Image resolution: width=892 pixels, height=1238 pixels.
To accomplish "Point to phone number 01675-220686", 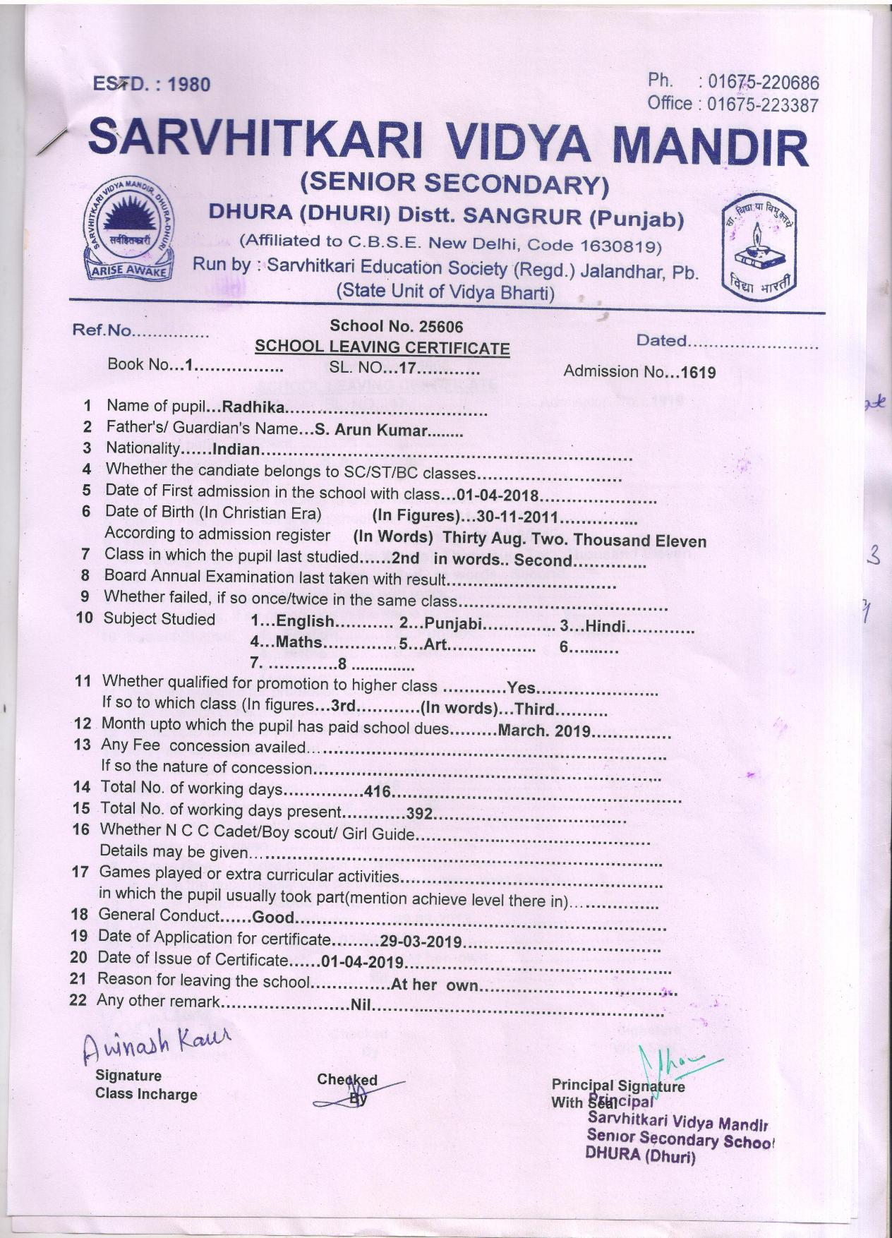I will (764, 82).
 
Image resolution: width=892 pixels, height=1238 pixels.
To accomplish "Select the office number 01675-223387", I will (763, 105).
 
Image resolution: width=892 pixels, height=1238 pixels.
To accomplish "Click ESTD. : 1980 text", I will (151, 85).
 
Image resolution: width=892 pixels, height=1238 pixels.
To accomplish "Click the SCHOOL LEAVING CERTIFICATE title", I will (382, 347).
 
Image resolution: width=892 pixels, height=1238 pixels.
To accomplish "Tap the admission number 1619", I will (698, 373).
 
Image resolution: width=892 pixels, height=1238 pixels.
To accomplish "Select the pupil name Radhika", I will (253, 407).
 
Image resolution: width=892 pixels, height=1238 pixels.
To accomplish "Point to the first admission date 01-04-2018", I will (498, 495).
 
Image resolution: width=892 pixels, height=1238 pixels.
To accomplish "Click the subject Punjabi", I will (453, 624).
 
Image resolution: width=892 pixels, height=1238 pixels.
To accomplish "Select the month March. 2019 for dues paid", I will (543, 731).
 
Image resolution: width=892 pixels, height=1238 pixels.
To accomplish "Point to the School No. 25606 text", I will (397, 326).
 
